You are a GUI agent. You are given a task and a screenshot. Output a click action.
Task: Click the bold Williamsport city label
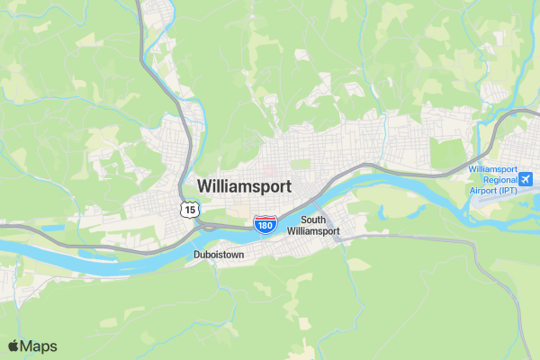[244, 187]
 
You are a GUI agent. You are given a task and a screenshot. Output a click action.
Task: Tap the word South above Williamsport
[313, 220]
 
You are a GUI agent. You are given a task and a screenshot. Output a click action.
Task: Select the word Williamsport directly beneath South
[313, 231]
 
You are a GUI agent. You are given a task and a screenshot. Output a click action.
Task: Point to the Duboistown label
[220, 255]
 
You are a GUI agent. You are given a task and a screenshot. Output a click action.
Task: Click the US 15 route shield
[187, 209]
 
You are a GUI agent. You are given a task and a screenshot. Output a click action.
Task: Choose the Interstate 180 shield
[264, 223]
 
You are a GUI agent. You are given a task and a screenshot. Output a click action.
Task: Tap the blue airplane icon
[526, 176]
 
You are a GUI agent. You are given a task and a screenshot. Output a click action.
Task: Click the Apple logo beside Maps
[13, 346]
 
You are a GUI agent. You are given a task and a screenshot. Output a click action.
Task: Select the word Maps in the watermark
[39, 346]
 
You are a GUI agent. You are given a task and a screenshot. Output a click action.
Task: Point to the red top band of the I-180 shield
[264, 218]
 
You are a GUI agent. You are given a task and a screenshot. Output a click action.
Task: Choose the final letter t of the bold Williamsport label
[288, 187]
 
